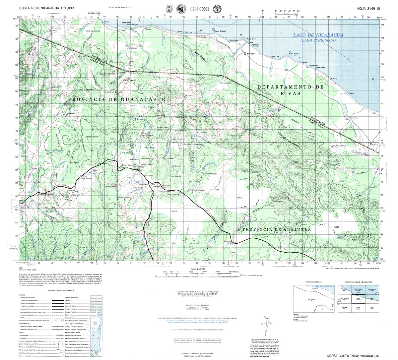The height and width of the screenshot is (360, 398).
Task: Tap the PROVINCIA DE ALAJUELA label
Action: tap(276, 229)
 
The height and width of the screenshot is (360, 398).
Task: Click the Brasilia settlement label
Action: tap(227, 241)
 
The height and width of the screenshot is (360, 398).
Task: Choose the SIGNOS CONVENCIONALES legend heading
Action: tap(60, 290)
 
